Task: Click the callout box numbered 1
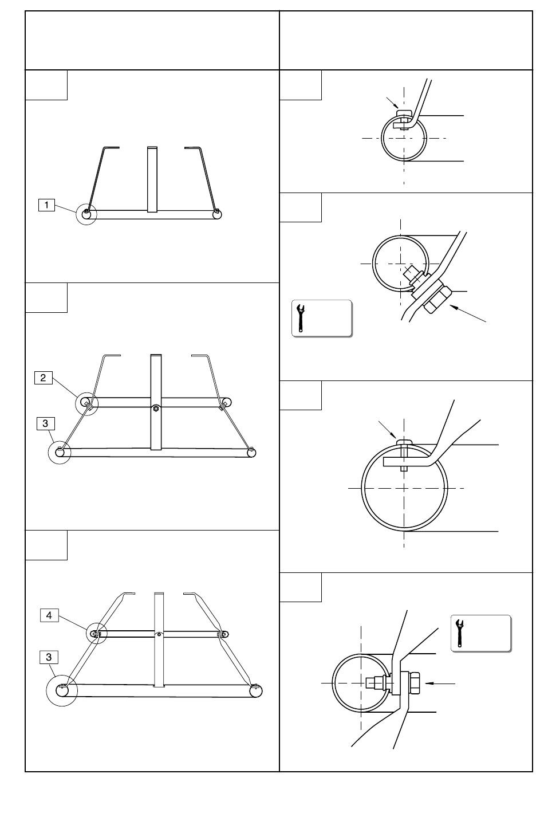tap(46, 205)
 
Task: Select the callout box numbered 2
tap(43, 378)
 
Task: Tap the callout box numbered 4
tap(49, 615)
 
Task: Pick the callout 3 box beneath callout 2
tap(45, 423)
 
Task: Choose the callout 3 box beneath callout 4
tap(49, 657)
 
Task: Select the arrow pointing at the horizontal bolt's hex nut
tap(440, 684)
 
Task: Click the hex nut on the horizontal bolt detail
tap(414, 684)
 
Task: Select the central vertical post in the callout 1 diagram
tap(152, 179)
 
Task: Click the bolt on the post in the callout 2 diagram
tap(156, 409)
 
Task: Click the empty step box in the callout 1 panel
tap(46, 85)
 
